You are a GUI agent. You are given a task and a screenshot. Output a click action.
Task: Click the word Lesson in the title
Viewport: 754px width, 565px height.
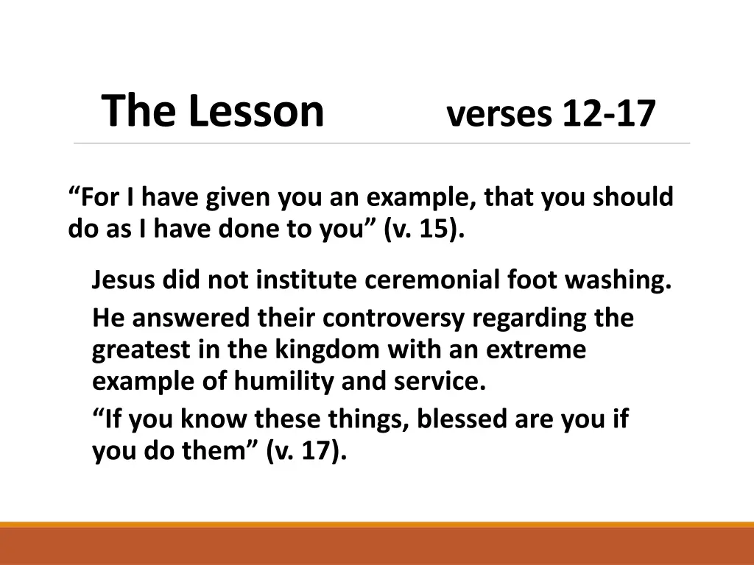tap(256, 111)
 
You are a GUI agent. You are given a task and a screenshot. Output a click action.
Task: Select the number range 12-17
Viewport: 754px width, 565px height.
tap(608, 114)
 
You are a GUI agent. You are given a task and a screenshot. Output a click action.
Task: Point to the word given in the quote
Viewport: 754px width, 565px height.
tap(239, 197)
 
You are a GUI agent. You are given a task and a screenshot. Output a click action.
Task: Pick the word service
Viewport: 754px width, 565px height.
tap(448, 383)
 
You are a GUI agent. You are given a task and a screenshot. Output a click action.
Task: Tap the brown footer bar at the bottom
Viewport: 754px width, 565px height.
tap(377, 546)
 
